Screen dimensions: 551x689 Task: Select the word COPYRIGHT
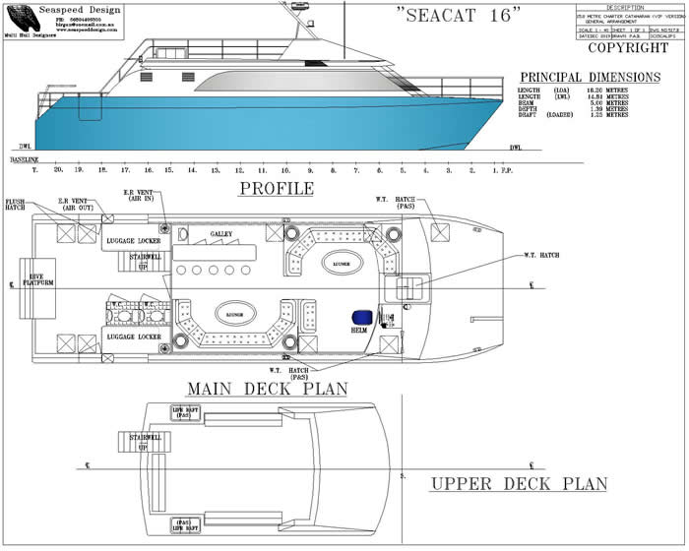627,47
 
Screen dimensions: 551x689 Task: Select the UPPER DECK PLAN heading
519,484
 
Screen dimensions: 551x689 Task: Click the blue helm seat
361,317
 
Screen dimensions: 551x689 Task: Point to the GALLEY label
222,234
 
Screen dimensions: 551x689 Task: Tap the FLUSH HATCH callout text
15,205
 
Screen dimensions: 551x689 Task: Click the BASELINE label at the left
26,159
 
